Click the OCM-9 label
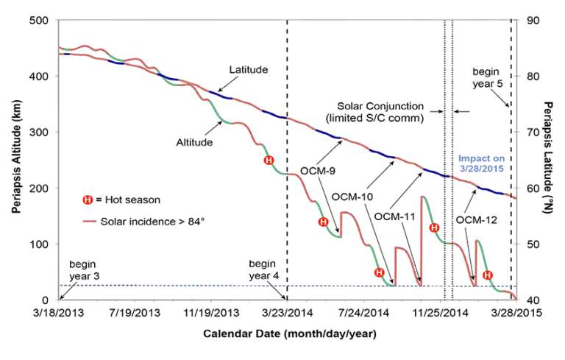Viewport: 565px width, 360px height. [x=319, y=171]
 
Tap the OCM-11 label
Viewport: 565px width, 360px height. [x=394, y=216]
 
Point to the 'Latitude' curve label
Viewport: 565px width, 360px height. [x=247, y=70]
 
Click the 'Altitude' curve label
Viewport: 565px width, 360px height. [x=194, y=142]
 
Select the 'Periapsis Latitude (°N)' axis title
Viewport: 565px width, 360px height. [x=548, y=159]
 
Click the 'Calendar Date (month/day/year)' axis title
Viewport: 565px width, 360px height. [x=289, y=333]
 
